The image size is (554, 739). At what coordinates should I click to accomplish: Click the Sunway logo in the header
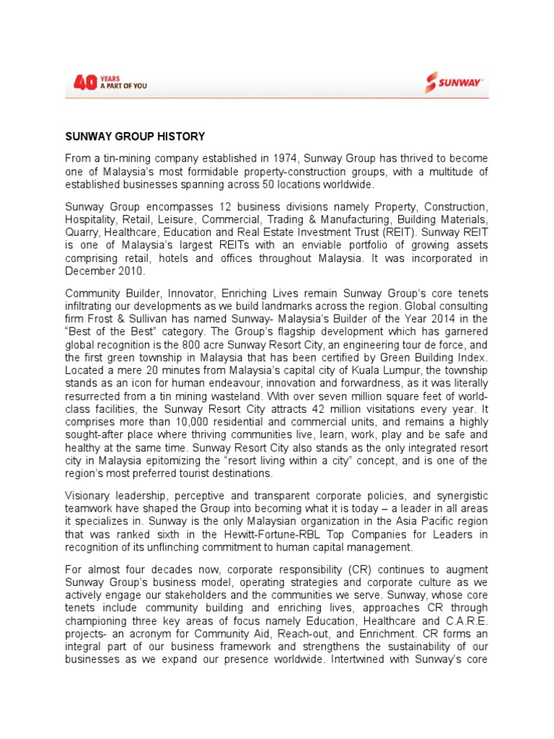point(454,83)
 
